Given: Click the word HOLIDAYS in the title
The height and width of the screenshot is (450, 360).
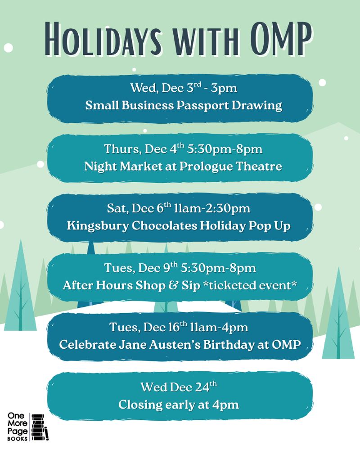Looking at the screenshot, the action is [103, 39].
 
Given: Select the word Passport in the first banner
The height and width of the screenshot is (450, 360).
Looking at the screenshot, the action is [202, 105].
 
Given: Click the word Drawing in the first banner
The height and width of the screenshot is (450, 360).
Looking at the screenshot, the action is [257, 106].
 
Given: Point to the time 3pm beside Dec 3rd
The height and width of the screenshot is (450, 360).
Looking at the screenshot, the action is [224, 88].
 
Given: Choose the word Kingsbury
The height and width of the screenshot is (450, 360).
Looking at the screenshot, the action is [98, 226].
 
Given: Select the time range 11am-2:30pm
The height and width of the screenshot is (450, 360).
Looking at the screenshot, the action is [212, 208].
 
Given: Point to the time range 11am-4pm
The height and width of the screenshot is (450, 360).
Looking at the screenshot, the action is [219, 328].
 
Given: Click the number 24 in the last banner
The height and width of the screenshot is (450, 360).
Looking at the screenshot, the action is [202, 387].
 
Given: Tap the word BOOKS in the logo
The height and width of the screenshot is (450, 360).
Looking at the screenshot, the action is [18, 438].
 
